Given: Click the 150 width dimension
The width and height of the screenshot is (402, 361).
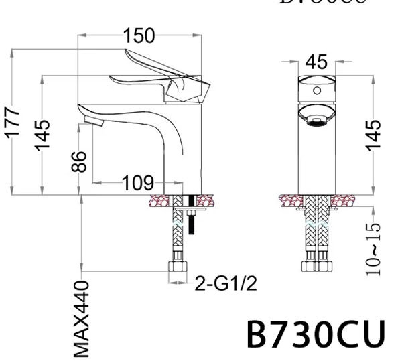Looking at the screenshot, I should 138,35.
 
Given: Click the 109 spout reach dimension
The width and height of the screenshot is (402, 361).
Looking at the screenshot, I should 137,182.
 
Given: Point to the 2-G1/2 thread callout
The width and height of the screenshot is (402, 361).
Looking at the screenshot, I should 226,285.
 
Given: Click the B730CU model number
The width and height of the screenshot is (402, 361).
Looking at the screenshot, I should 316,333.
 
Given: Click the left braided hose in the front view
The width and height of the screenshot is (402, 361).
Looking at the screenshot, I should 310,234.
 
